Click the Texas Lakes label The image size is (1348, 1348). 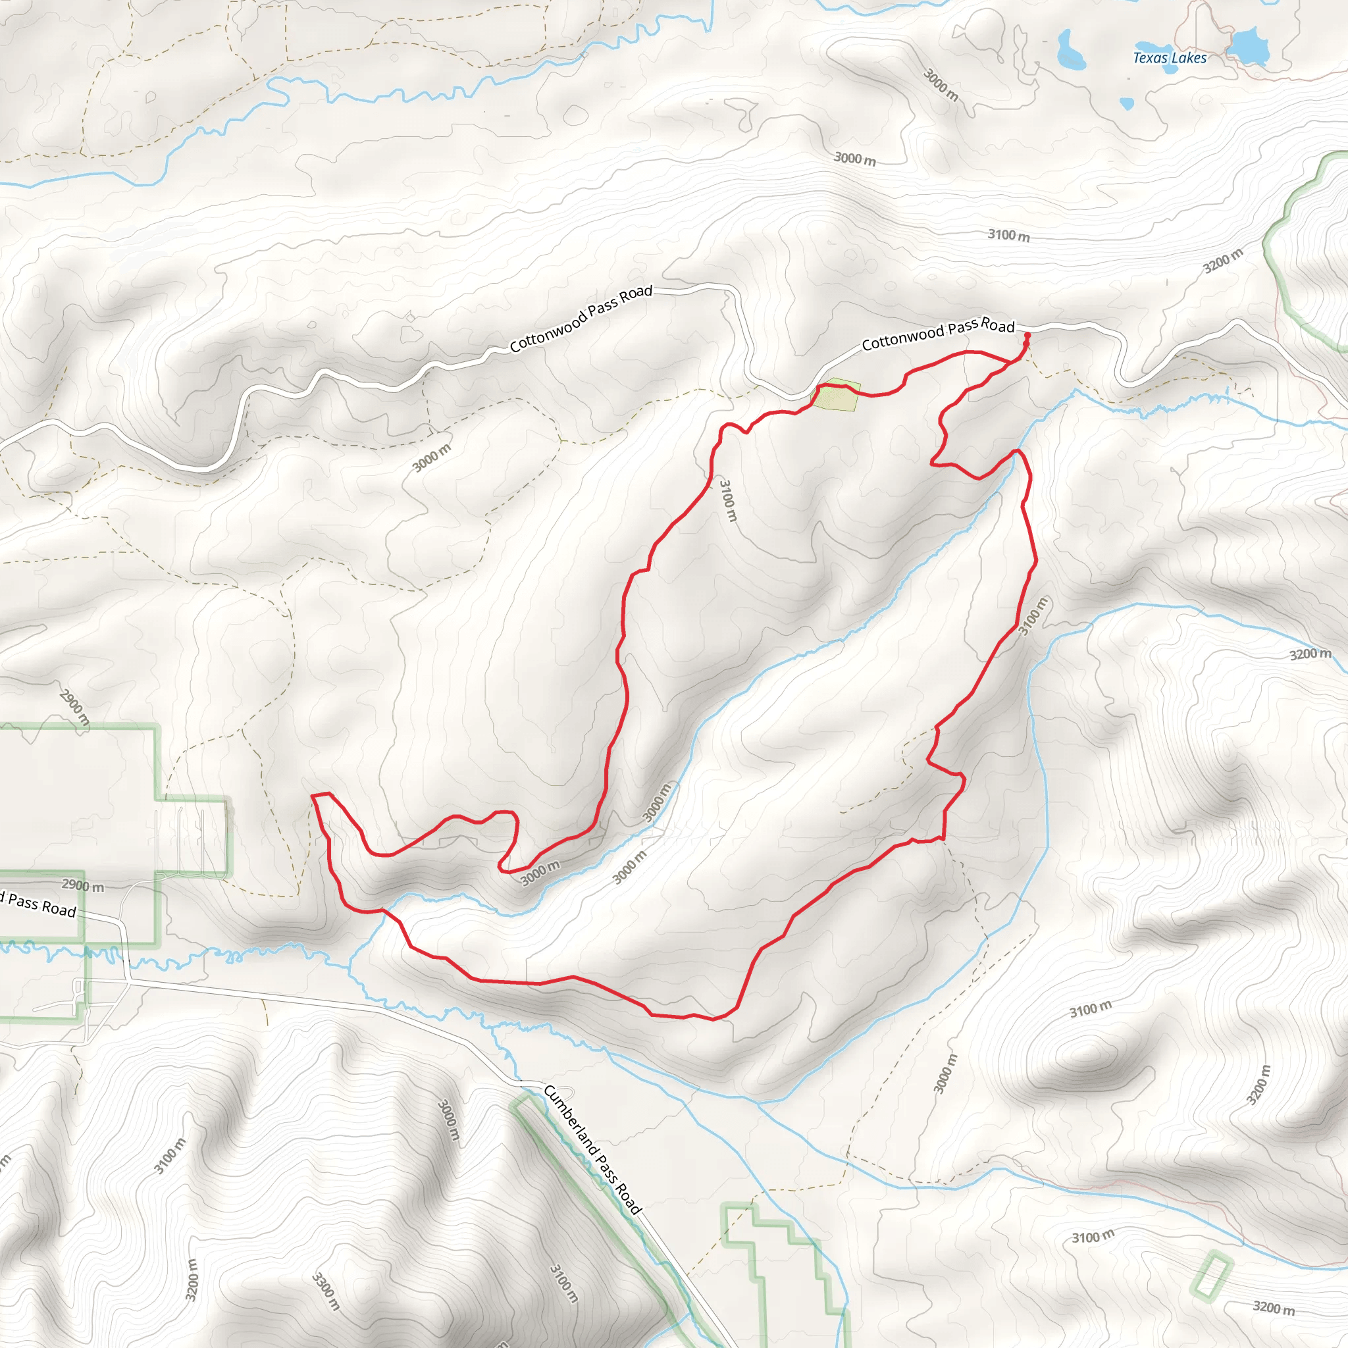[x=1170, y=58]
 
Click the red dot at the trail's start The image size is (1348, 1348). [x=1027, y=336]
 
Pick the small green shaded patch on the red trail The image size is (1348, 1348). [x=837, y=395]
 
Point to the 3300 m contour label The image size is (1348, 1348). [x=326, y=1291]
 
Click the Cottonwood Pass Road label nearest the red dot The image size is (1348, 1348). [x=938, y=335]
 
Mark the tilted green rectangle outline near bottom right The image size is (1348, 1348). [x=1212, y=1277]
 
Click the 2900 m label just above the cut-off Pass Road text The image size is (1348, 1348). [x=83, y=885]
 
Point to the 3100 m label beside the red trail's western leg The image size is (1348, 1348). [x=728, y=500]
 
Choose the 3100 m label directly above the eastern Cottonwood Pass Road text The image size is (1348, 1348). [x=1008, y=235]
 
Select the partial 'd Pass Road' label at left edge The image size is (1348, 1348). [x=38, y=904]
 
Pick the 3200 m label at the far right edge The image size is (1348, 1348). [x=1310, y=654]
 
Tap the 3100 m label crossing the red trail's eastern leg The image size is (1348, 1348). [x=1033, y=616]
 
